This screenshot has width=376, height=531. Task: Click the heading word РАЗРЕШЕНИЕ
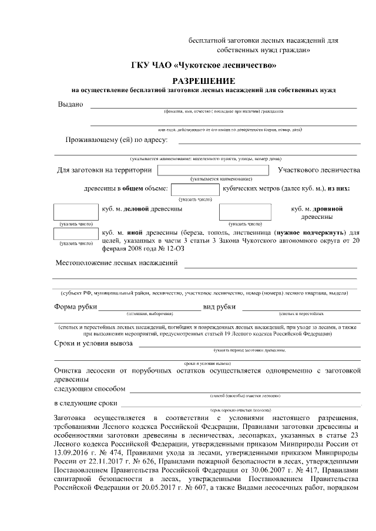(204, 80)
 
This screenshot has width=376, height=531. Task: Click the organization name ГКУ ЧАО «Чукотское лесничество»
(203, 66)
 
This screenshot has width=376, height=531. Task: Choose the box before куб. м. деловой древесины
(76, 212)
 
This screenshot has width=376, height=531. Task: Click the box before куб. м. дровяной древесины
(245, 212)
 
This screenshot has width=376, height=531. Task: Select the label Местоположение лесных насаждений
(117, 262)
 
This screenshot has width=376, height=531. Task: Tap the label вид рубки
(219, 307)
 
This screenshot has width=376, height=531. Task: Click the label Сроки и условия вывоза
(93, 343)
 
